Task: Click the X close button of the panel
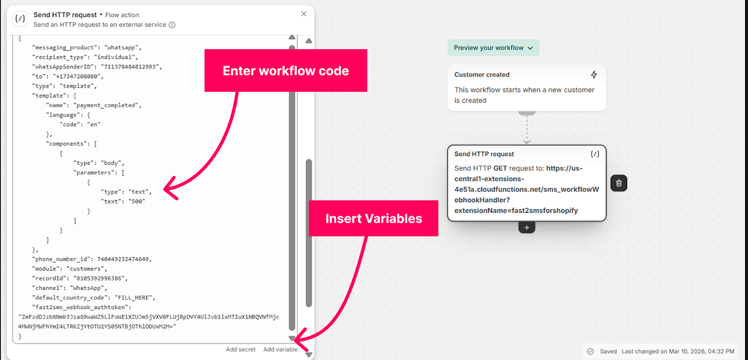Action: point(304,14)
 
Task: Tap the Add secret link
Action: point(241,349)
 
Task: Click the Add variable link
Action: point(280,349)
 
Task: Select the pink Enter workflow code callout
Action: point(286,71)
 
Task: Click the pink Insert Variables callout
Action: point(373,219)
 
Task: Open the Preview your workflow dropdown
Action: point(493,48)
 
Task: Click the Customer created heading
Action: point(482,75)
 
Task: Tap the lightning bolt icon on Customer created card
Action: point(594,75)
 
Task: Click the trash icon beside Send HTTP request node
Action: point(619,183)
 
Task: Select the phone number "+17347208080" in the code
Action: point(76,77)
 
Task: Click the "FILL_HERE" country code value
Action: point(135,297)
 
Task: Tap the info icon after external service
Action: point(172,25)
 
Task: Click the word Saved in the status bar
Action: point(608,351)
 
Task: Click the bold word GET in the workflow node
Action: point(500,168)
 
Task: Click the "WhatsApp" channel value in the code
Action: point(89,288)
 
